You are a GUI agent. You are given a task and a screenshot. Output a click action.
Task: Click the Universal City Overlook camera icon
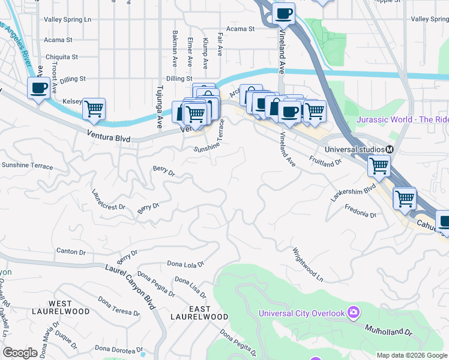(354, 313)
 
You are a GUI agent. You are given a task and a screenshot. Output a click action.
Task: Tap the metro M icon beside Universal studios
(390, 149)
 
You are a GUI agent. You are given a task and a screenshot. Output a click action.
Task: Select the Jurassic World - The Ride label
(402, 119)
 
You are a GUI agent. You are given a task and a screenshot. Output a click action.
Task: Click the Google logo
(20, 353)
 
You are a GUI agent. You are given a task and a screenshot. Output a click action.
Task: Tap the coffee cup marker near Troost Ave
(39, 89)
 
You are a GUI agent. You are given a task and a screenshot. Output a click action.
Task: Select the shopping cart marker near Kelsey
(94, 109)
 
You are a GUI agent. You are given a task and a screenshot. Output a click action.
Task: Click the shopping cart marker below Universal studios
(379, 166)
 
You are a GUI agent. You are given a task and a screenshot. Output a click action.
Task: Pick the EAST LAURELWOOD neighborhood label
(199, 313)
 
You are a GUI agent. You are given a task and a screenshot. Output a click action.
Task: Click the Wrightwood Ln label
(308, 265)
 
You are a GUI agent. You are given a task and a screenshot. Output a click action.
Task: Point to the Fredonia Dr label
(360, 211)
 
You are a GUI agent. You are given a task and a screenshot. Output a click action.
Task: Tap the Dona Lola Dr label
(185, 263)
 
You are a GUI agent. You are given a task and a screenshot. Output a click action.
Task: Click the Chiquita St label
(62, 57)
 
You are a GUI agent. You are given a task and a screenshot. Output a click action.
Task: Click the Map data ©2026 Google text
(411, 355)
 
